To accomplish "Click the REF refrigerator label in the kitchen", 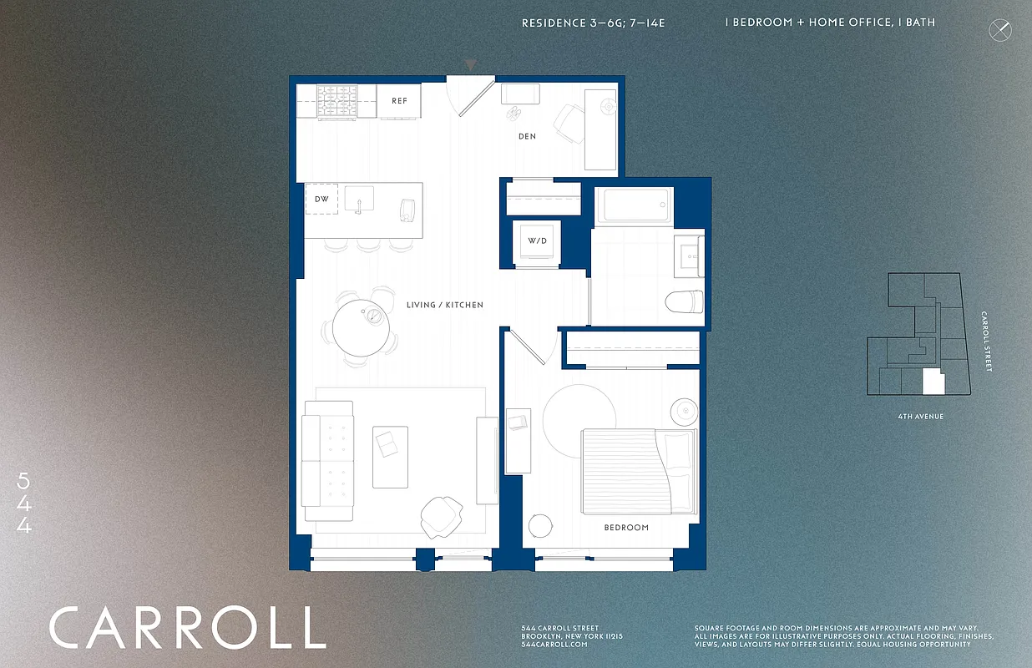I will (400, 101).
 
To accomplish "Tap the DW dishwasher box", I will (321, 199).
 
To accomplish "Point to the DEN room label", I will (527, 136).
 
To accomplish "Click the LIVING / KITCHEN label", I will (444, 305).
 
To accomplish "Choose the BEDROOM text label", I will (626, 528).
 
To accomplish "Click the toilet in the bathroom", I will (686, 301).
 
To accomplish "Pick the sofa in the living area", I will (327, 461).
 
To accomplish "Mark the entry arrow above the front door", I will (471, 64).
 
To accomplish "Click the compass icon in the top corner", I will (999, 31).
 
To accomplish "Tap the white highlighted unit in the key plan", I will (933, 383).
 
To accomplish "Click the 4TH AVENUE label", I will (920, 416).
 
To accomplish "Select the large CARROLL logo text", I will (187, 628).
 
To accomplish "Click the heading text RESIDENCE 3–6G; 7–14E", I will (593, 23).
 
